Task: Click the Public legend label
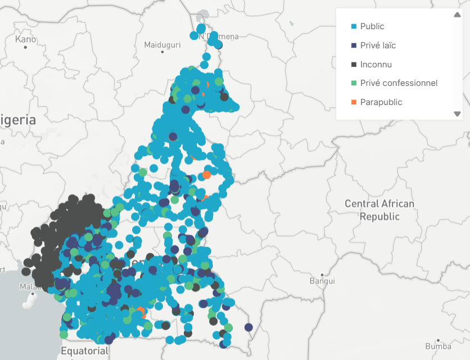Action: coord(372,26)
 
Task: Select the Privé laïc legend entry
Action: coord(378,45)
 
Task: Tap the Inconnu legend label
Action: coord(376,65)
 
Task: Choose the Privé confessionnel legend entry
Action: coord(399,83)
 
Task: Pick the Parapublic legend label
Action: coord(381,102)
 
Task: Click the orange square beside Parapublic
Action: coord(354,102)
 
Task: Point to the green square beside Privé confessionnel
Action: coord(354,83)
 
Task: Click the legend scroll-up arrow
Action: coord(457,15)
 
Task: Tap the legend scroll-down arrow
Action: coord(457,114)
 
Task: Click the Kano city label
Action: coord(25,39)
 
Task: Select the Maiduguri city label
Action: coord(162,44)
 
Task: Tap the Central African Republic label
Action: coord(379,210)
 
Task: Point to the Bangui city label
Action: coord(322,280)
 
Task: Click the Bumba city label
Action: coord(438,347)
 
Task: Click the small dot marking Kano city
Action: coord(26,47)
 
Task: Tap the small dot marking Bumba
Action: coord(439,339)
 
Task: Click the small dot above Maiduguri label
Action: coord(162,52)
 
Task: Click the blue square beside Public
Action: coord(354,26)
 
